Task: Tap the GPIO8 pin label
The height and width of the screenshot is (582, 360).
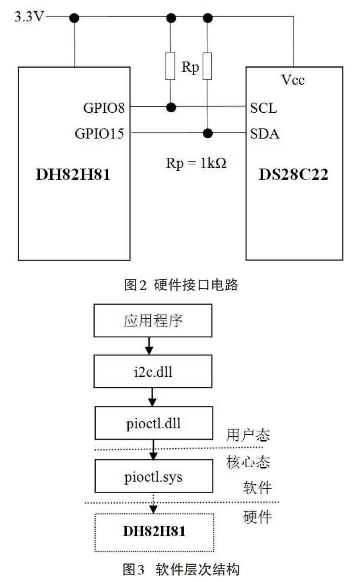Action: (104, 108)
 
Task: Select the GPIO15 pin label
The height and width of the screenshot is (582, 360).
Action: (99, 134)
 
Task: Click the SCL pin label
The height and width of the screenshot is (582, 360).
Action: (263, 108)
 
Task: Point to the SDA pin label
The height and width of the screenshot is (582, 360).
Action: (265, 134)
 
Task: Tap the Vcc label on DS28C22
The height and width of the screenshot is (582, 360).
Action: (293, 80)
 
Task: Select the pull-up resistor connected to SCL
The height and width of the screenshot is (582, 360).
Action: (171, 66)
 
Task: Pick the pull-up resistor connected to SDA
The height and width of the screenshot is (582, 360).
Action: (207, 66)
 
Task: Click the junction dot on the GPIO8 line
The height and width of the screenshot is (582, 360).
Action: (171, 107)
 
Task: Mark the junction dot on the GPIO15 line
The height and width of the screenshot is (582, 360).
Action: (208, 133)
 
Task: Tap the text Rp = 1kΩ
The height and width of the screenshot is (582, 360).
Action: (196, 163)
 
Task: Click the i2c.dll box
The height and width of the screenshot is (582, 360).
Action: (153, 371)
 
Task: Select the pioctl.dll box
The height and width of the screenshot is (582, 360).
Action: (154, 423)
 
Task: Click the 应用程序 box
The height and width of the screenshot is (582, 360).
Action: (153, 321)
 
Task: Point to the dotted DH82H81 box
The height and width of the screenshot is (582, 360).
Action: (154, 532)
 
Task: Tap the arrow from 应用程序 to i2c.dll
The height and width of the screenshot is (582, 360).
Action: (149, 346)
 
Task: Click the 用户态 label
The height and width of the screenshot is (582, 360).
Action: (248, 435)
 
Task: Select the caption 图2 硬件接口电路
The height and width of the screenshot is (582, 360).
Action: (181, 285)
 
